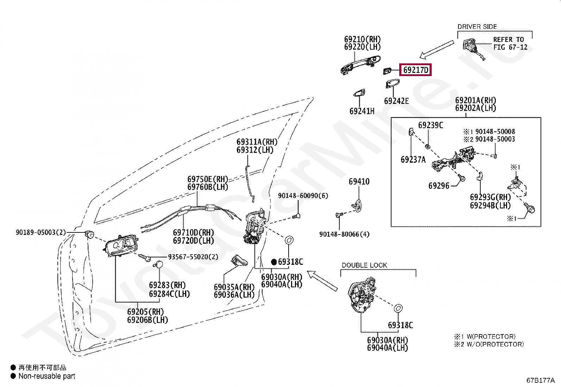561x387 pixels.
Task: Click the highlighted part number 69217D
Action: click(415, 70)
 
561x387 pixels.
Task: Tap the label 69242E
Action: click(396, 101)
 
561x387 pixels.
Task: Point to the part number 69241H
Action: click(362, 111)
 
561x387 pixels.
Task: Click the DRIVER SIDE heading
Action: click(477, 26)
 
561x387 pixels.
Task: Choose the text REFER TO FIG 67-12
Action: click(510, 43)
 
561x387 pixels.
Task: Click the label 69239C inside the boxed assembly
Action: click(431, 125)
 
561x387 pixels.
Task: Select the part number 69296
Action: click(439, 186)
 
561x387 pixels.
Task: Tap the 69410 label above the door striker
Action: click(359, 181)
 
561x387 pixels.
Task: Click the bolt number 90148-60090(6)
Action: click(303, 195)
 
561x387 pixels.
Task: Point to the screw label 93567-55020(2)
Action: click(193, 257)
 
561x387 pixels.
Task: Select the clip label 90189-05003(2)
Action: click(41, 232)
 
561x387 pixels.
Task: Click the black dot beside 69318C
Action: click(274, 262)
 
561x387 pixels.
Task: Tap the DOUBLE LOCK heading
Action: click(364, 265)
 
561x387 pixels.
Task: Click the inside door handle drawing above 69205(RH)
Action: click(121, 246)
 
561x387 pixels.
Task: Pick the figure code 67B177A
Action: click(541, 380)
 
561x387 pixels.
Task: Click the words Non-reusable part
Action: click(47, 376)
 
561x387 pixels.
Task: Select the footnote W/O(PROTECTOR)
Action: click(495, 344)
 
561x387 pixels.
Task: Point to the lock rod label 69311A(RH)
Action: click(257, 142)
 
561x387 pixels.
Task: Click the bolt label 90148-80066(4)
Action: click(344, 234)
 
